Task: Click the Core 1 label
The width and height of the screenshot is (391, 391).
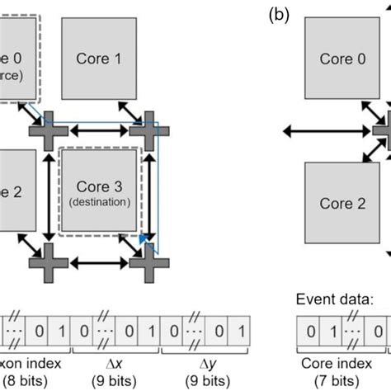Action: pyautogui.click(x=105, y=59)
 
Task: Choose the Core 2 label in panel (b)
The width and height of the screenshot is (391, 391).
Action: pyautogui.click(x=342, y=203)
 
